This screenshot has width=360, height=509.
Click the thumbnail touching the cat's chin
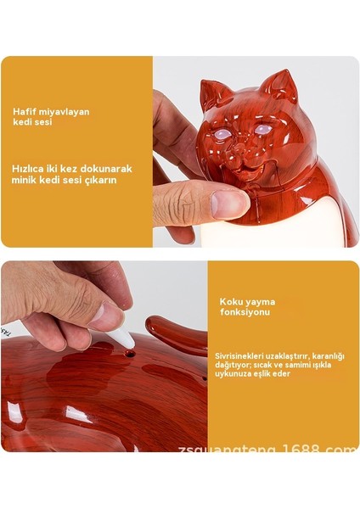230,202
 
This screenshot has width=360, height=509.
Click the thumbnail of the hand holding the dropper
106,316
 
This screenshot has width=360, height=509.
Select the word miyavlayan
66,112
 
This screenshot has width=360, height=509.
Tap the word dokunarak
108,168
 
